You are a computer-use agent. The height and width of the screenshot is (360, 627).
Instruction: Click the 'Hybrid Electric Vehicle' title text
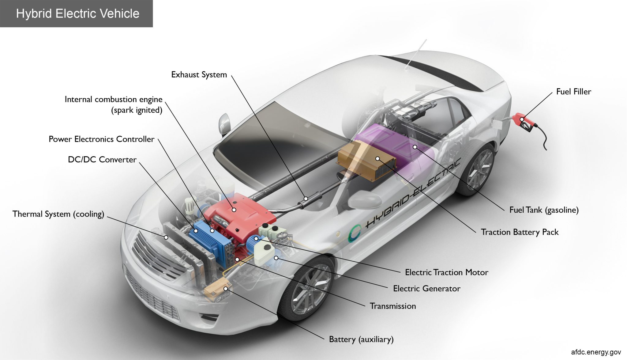[x=77, y=13]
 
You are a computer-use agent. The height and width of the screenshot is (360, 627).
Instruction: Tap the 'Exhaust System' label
[x=199, y=75]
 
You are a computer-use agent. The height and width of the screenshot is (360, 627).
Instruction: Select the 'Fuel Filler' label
[x=573, y=92]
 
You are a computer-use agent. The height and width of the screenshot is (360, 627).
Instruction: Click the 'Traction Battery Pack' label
[x=520, y=232]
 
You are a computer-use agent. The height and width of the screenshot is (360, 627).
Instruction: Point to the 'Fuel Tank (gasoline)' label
[x=544, y=210]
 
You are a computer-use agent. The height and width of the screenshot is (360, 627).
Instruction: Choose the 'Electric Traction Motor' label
[x=446, y=272]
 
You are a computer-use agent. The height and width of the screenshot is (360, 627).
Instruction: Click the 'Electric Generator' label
[x=426, y=288]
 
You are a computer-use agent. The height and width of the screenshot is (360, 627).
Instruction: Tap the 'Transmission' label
[x=393, y=306]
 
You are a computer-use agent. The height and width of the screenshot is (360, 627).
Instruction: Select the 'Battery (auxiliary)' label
[x=361, y=339]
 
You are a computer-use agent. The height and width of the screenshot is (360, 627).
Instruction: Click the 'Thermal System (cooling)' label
[x=58, y=214]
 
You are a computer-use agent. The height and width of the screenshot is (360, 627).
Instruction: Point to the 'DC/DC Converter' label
[x=102, y=160]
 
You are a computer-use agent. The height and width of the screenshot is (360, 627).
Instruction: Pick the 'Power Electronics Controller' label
[x=101, y=139]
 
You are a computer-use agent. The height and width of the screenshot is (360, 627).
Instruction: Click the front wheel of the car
[x=309, y=291]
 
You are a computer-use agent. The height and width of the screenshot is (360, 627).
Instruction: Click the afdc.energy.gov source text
[x=596, y=352]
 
